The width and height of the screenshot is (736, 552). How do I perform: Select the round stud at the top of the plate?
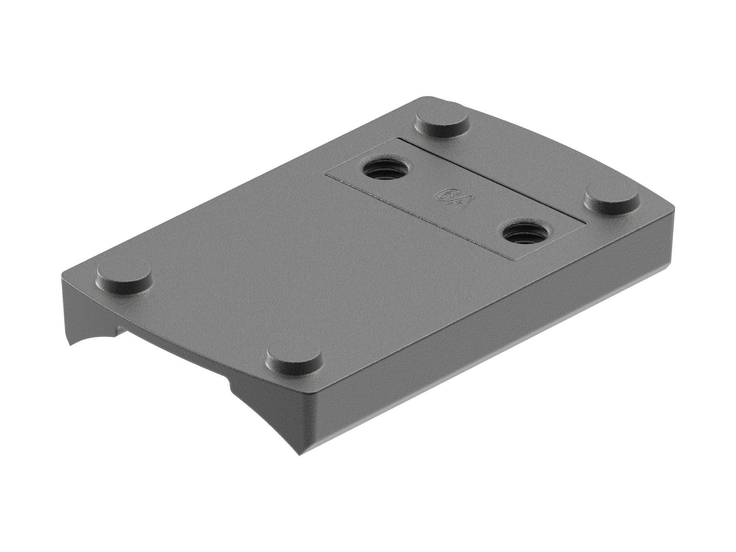(x=443, y=124)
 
